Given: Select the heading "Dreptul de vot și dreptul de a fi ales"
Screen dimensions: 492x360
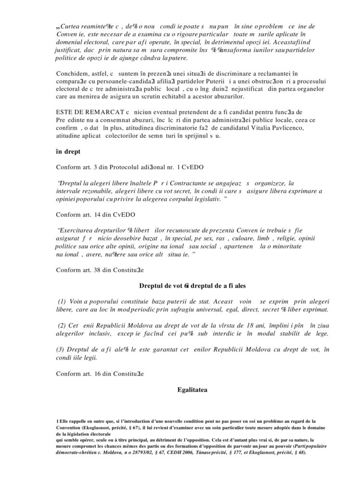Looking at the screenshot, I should pos(192,285).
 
